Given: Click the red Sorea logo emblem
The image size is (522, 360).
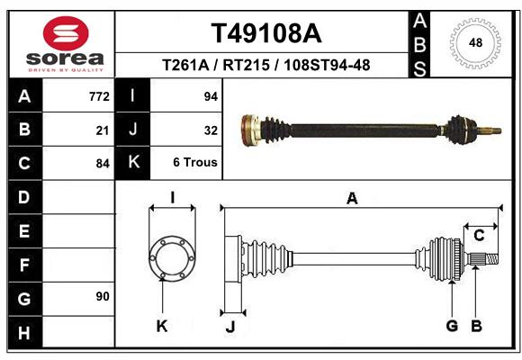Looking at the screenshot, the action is pos(66,33).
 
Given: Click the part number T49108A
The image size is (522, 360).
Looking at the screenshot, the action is pos(266,33).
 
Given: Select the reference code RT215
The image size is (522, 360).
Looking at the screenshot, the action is pos(246,65).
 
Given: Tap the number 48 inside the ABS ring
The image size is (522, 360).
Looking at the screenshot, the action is pos(475,43).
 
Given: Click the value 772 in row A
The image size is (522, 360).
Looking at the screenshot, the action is pos(99,96).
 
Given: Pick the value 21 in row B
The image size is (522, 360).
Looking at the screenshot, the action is pos(103,130).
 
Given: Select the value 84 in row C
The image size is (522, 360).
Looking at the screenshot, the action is pos(103,164).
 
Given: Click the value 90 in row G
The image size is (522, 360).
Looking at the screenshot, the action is pos(103,296).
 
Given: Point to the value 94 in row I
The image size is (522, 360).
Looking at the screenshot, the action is pos(211,96).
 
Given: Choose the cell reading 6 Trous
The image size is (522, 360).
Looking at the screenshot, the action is pos(195,162).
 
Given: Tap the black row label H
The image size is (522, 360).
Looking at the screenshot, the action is pos(25,333).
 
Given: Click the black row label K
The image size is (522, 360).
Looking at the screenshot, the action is pos(133,162).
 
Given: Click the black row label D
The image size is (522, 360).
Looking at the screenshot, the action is pos(25,197).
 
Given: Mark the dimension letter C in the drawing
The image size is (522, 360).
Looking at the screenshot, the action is pos(479,236).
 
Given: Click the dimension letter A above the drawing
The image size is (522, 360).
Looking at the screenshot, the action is pos(352,199).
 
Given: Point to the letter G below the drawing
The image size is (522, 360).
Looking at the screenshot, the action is pos(452,326).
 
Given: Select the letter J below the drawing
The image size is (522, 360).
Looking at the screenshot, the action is pos(230,327).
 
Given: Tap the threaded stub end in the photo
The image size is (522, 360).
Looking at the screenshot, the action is pos(490,130).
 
